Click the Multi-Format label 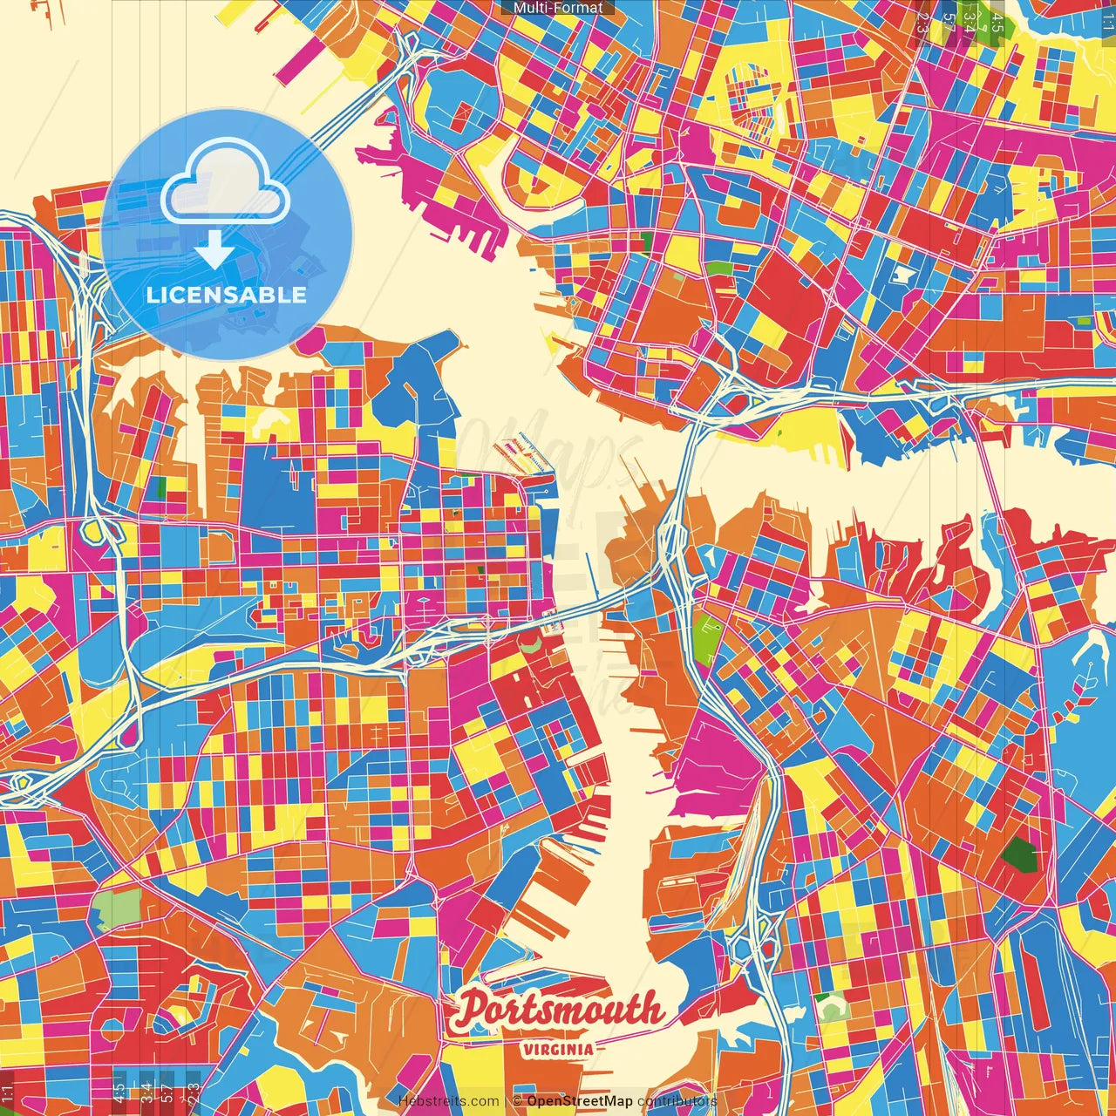[558, 8]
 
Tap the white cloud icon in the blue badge [226, 187]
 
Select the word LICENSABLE [227, 295]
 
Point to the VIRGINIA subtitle [558, 1049]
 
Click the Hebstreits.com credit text [448, 1101]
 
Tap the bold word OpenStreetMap [579, 1101]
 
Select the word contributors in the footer [677, 1101]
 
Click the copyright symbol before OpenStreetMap [516, 1101]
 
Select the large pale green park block [116, 908]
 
